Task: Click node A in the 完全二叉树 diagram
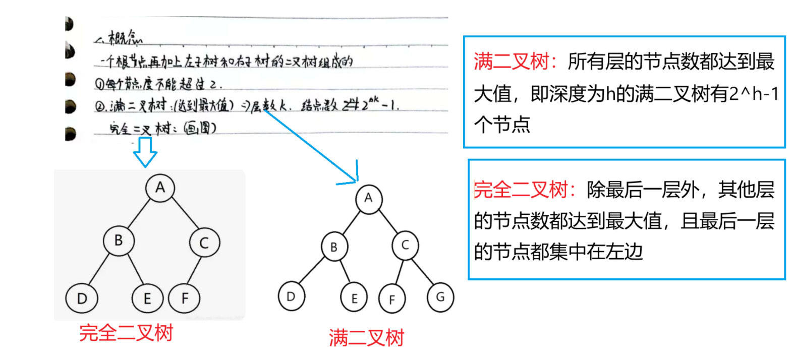point(160,188)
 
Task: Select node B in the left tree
point(119,241)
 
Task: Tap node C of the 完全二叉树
point(204,243)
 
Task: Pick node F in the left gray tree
point(184,298)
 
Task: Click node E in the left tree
point(147,298)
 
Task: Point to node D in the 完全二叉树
point(82,298)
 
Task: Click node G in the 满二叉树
point(440,297)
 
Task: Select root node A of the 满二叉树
point(368,198)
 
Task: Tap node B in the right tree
point(334,247)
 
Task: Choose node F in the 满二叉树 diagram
point(392,299)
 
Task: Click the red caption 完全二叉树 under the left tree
point(126,333)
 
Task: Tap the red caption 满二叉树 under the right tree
point(366,338)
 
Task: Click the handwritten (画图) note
point(200,128)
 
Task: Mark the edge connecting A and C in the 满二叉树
point(387,221)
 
